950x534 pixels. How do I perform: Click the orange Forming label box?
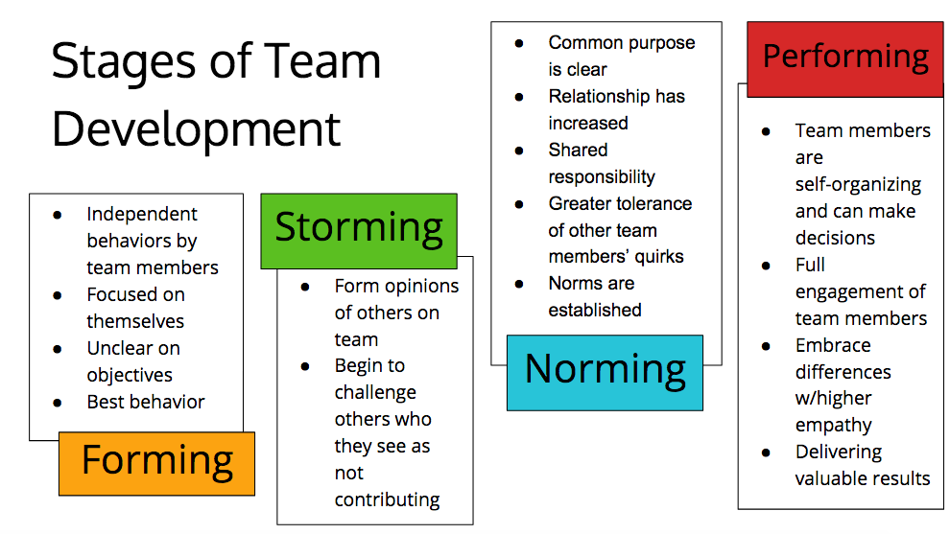pyautogui.click(x=156, y=463)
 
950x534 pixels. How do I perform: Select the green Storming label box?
pyautogui.click(x=359, y=227)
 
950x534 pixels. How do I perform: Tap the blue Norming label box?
pyautogui.click(x=605, y=371)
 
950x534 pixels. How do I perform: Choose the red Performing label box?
pyautogui.click(x=844, y=58)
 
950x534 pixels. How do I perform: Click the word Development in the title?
pyautogui.click(x=196, y=128)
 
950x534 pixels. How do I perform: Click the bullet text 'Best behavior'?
pyautogui.click(x=146, y=402)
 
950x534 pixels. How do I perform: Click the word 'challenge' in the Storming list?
pyautogui.click(x=375, y=392)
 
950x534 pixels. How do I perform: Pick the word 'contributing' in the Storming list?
pyautogui.click(x=387, y=499)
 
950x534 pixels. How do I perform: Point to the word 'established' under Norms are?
pyautogui.click(x=595, y=310)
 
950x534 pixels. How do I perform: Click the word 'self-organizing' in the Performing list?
pyautogui.click(x=858, y=184)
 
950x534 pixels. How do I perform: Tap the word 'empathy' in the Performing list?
pyautogui.click(x=833, y=425)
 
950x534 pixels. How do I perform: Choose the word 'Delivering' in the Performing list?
pyautogui.click(x=838, y=452)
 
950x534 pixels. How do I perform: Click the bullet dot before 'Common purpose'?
pyautogui.click(x=519, y=43)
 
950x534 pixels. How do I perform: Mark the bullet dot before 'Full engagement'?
pyautogui.click(x=766, y=266)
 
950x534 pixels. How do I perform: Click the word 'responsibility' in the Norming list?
pyautogui.click(x=602, y=176)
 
